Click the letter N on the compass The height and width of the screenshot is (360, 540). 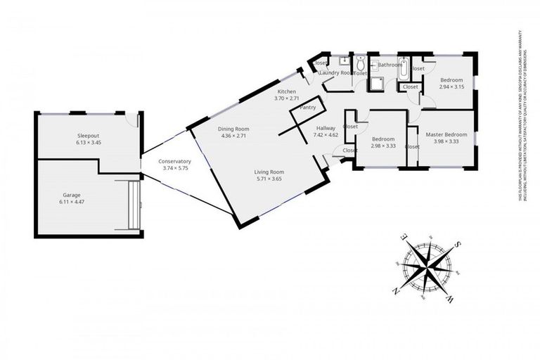point(397,290)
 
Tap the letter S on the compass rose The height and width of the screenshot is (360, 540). point(458,244)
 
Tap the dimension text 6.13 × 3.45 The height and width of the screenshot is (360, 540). point(89,142)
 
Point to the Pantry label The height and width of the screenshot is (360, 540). point(307,108)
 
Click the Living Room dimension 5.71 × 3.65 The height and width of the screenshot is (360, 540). point(269,179)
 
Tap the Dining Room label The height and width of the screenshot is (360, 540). point(233,129)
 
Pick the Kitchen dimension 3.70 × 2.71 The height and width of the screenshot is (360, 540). point(286,99)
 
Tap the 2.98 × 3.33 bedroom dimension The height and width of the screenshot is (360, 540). point(383,146)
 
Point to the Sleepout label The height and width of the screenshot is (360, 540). point(89,134)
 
